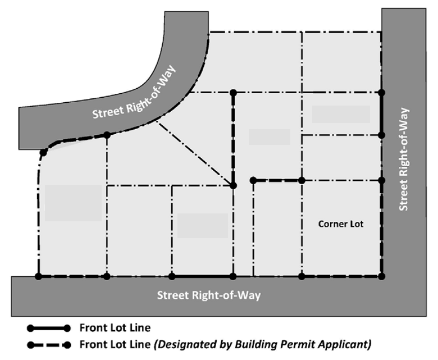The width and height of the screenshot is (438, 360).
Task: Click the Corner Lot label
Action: point(341,224)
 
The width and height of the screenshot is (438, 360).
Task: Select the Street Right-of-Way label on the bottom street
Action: point(209,295)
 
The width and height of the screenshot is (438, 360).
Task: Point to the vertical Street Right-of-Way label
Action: point(404,159)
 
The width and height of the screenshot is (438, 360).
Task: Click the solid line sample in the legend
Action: point(49,328)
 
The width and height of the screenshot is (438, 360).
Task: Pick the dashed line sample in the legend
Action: point(49,345)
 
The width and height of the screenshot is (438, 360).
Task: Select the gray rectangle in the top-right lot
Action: point(341,114)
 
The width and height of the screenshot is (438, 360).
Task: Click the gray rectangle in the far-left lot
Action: point(73,203)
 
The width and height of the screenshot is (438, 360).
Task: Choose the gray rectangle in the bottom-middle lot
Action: point(203,226)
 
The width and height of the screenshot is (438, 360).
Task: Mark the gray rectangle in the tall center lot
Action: point(270,137)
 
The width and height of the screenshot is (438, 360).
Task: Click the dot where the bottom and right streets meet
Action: point(382,276)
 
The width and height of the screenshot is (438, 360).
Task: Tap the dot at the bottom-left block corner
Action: point(39,276)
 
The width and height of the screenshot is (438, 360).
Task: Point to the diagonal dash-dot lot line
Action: point(195,153)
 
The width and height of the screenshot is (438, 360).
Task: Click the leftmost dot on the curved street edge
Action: point(43,153)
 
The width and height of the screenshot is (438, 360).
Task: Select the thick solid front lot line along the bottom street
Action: point(203,276)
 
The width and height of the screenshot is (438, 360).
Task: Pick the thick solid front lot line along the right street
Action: point(382,114)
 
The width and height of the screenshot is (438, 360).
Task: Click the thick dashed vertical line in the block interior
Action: point(233,139)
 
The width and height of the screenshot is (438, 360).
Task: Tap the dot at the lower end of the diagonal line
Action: point(233,186)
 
